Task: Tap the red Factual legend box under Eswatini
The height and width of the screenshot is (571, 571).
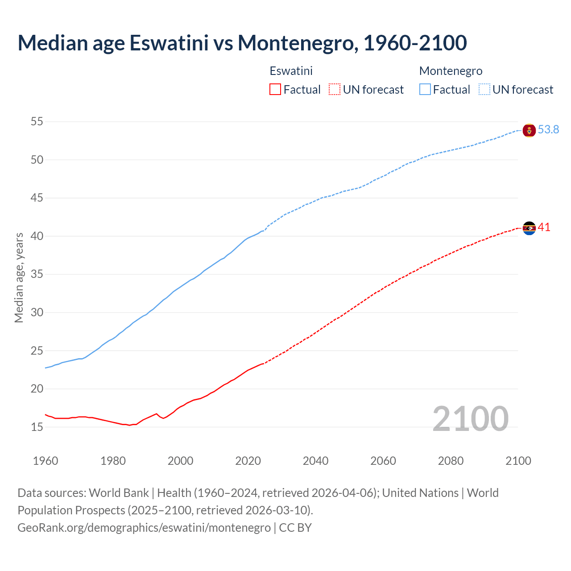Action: tap(275, 90)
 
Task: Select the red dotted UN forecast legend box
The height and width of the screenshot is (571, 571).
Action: tap(335, 90)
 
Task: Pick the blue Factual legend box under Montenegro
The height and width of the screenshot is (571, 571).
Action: tap(425, 90)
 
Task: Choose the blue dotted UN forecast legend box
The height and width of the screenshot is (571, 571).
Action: tap(484, 90)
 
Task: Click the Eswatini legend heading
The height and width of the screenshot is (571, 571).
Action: tap(291, 71)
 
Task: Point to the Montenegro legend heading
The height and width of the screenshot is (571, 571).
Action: tap(451, 71)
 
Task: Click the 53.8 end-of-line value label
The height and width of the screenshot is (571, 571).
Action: tap(548, 130)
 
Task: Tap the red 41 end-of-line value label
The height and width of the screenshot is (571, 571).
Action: tap(544, 228)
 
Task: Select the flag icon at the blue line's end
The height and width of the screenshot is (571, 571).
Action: tap(529, 130)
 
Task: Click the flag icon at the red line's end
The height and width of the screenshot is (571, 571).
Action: tap(529, 228)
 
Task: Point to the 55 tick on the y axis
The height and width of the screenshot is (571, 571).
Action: tap(37, 121)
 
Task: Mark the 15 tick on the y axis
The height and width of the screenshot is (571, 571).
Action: tap(37, 427)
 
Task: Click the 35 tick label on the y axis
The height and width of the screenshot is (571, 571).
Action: tap(37, 274)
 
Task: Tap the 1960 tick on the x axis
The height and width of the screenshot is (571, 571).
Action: tap(46, 461)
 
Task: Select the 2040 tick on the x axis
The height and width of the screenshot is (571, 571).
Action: tap(315, 461)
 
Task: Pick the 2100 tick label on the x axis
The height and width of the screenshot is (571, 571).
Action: tap(518, 461)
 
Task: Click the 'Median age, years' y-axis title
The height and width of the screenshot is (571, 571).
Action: tap(19, 277)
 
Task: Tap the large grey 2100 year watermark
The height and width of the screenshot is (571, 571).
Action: tap(470, 418)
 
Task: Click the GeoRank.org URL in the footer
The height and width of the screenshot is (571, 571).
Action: tap(144, 528)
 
